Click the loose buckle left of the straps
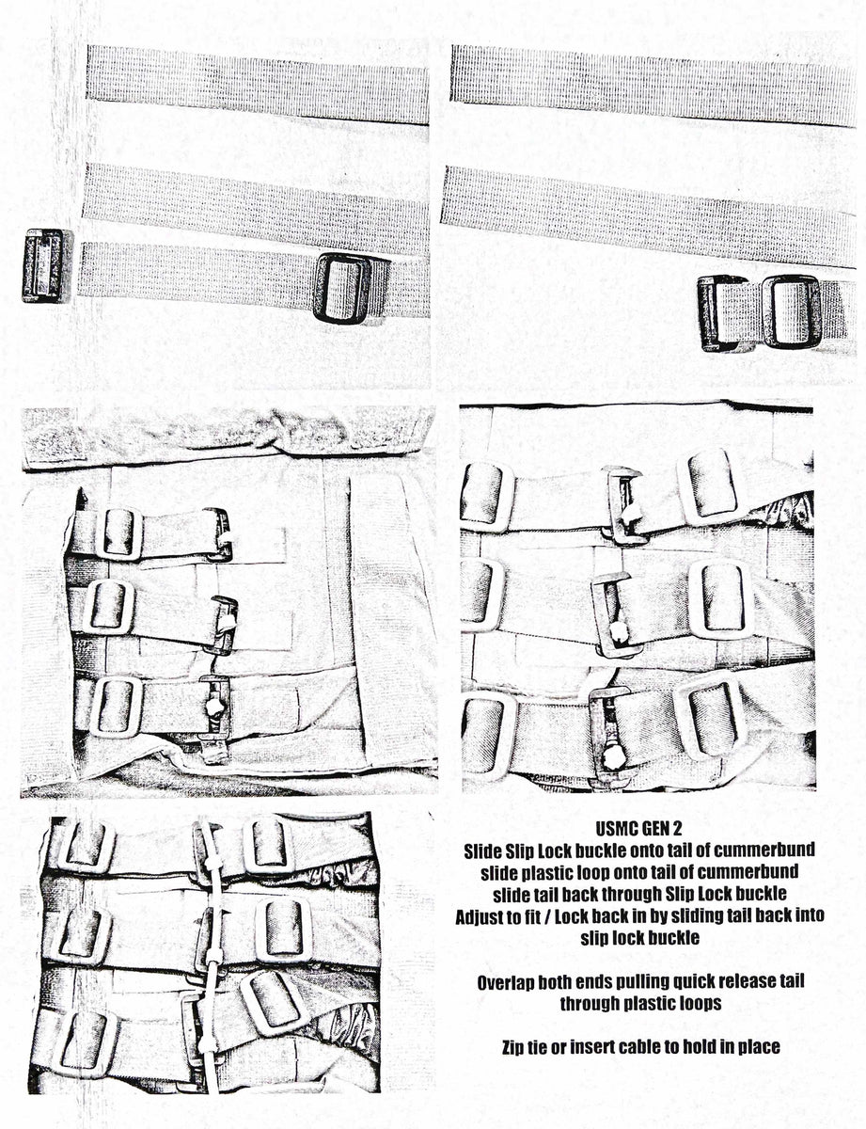point(43,265)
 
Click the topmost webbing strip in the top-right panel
point(649,85)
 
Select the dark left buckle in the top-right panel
point(722,312)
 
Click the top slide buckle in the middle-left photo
point(118,533)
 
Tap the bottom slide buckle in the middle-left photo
point(116,706)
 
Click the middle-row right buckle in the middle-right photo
point(717,599)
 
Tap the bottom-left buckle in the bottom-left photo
point(87,1040)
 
